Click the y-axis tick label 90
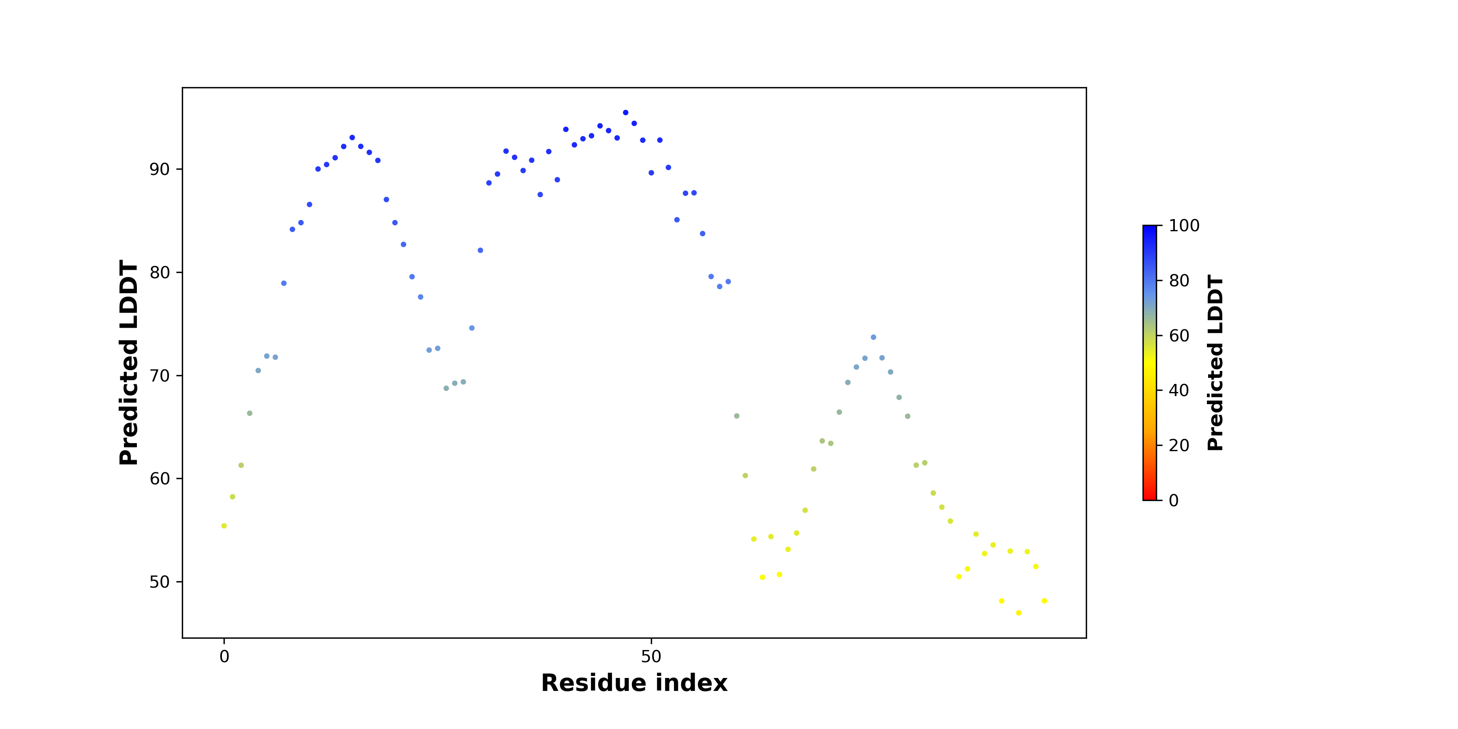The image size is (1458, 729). coord(159,169)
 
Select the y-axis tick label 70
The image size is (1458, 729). coord(159,376)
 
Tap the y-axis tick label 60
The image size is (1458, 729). coord(159,479)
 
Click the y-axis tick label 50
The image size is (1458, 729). coord(159,582)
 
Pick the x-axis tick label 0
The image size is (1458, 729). coord(224,657)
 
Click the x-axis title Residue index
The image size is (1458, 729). coord(634,683)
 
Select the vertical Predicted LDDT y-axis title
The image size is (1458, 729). coord(129,363)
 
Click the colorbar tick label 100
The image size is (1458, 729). coord(1184,226)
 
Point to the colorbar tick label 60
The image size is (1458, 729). coord(1179,336)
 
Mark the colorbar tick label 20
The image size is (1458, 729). coord(1179,446)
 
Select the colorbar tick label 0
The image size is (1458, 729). coord(1174,500)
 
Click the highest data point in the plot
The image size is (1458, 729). coord(625,113)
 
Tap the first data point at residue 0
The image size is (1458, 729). coord(224,526)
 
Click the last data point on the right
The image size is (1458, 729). coord(1044,601)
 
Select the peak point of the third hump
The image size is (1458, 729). coord(873,337)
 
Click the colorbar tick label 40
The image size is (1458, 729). coord(1179,390)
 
